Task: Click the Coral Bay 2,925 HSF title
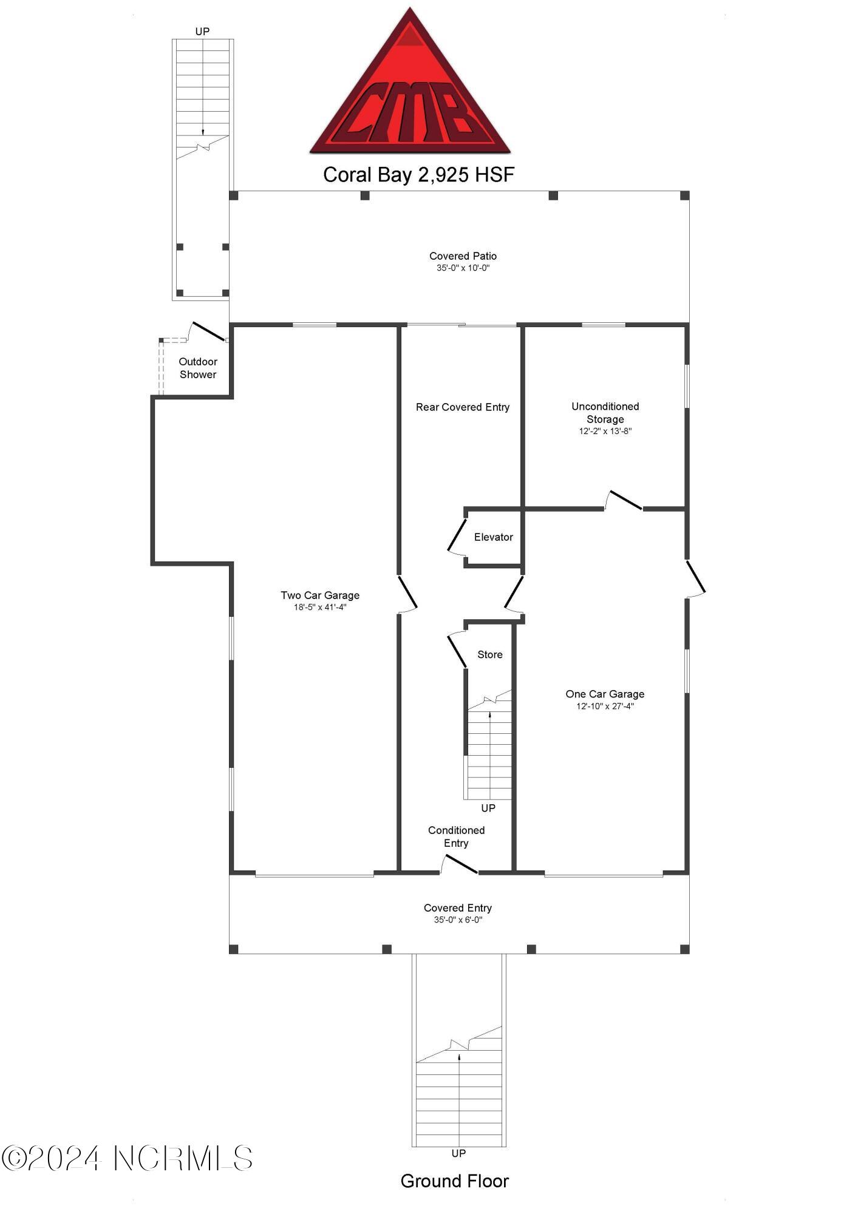tap(418, 175)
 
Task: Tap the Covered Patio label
tap(463, 256)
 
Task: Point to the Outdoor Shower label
tap(198, 368)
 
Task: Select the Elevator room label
tap(493, 537)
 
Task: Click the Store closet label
tap(489, 654)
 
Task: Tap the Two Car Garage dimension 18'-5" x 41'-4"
tap(320, 607)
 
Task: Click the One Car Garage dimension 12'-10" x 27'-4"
tap(605, 706)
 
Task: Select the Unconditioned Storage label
tap(605, 413)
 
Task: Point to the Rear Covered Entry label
tap(462, 407)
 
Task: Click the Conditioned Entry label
tap(456, 836)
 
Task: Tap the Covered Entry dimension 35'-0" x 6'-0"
tap(458, 920)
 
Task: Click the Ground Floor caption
tap(454, 1181)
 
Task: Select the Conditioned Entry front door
tap(459, 865)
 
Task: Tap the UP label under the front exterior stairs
tap(458, 1153)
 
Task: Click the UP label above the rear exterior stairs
tap(202, 32)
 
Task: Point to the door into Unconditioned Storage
tap(624, 501)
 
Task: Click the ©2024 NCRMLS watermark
tap(127, 1158)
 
